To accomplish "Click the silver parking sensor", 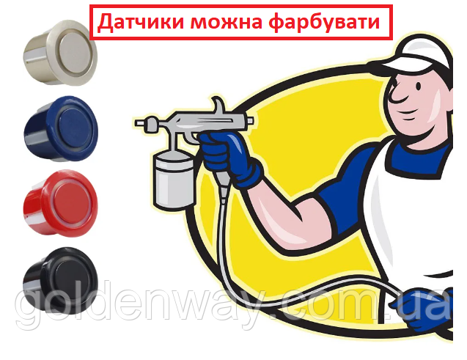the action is (x=60, y=53).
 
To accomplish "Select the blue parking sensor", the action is (x=61, y=128).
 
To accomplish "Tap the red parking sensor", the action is (x=60, y=202).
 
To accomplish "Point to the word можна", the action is (x=227, y=23).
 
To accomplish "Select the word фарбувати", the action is (x=325, y=22).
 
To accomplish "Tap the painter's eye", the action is (x=419, y=87).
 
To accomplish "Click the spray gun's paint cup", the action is (x=174, y=180).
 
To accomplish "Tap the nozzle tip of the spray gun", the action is (x=138, y=122).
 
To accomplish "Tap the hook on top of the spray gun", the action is (x=220, y=105).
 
